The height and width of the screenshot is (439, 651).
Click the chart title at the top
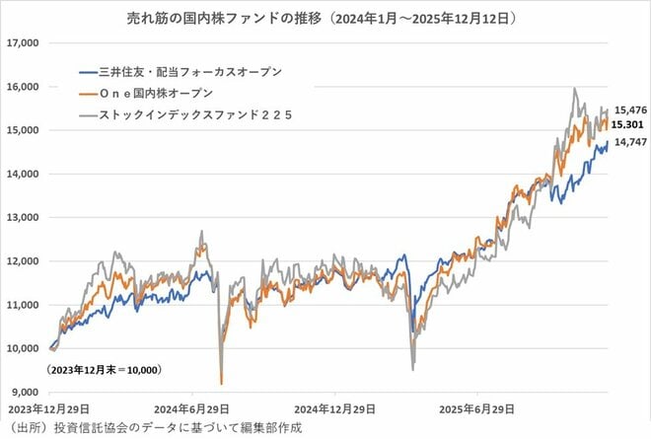coord(325,18)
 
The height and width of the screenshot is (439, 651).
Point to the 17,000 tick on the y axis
coord(21,43)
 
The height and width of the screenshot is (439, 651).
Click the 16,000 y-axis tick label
coord(21,87)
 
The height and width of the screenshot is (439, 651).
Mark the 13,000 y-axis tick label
coord(21,217)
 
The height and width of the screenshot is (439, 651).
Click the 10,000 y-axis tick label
coord(21,348)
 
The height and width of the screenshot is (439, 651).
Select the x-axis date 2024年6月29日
coord(194,407)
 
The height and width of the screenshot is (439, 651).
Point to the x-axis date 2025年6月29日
coord(478,407)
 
